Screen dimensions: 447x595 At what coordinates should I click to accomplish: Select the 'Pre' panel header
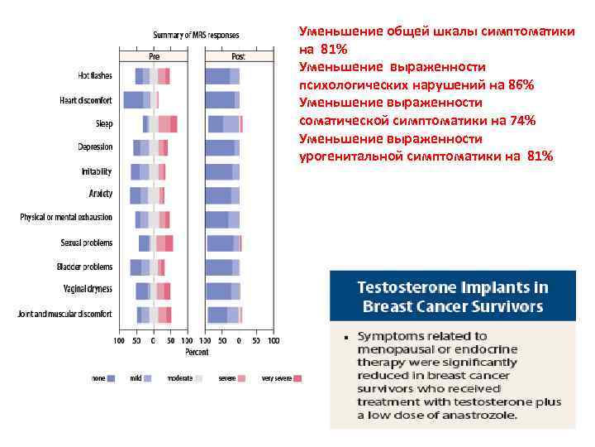(154, 57)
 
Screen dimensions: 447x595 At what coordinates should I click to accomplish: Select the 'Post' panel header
(238, 57)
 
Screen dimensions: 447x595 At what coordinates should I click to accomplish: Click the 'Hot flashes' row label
(95, 76)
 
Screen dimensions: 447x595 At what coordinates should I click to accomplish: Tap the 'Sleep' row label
(103, 124)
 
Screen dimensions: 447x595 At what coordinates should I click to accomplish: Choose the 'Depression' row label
(95, 147)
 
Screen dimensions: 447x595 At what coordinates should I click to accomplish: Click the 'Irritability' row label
(97, 171)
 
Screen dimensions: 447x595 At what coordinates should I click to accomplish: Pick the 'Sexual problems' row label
(87, 243)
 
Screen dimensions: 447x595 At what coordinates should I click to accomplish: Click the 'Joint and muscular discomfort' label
(65, 314)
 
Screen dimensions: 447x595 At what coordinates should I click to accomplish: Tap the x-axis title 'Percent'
(196, 352)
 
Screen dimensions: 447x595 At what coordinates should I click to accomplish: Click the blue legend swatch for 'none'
(111, 378)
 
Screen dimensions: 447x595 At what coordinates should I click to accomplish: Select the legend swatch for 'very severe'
(297, 378)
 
